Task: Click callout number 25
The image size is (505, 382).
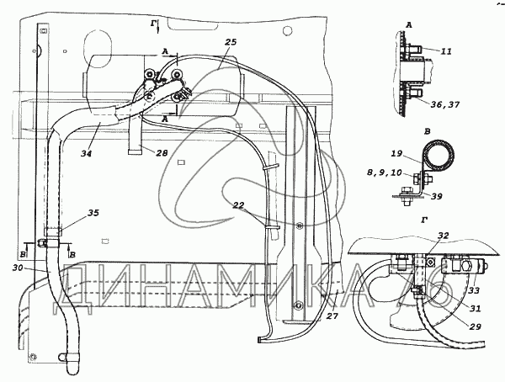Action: point(231,42)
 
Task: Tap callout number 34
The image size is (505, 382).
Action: point(87,153)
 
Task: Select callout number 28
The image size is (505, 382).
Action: point(162,152)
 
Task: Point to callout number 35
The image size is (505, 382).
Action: point(93,213)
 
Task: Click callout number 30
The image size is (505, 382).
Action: point(19,268)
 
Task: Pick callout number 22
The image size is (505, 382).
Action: point(239,205)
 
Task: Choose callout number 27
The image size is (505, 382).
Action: point(332,316)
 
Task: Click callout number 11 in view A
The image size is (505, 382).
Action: point(446,51)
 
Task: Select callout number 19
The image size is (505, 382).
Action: point(396,153)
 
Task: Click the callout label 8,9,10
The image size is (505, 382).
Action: point(385,173)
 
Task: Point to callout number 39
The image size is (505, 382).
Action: point(436,196)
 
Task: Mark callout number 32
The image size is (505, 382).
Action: point(443,236)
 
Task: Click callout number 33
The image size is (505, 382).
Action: point(474,290)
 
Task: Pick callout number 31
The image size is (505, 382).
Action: point(475,308)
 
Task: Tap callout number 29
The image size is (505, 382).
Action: point(475,326)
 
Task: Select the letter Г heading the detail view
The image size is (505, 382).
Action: point(425,220)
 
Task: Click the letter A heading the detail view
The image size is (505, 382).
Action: point(409,24)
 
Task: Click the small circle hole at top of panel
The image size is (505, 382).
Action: point(287,31)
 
